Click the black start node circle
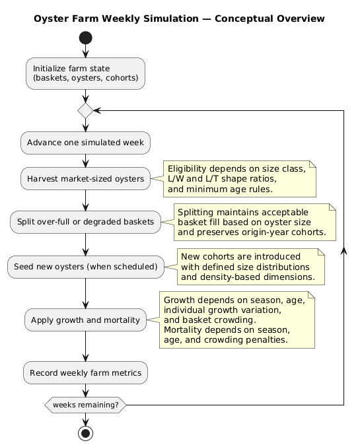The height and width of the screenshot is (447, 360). coord(86,38)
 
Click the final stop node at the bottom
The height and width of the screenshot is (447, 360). coord(86,432)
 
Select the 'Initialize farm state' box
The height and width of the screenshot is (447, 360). coord(86,73)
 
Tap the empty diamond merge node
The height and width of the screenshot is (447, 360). coord(86,111)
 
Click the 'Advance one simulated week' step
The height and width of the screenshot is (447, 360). coord(86,143)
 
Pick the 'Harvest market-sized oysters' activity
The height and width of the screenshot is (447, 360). coord(86,178)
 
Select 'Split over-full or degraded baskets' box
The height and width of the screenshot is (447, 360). coord(86,221)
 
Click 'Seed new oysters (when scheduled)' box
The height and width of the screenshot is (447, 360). coord(86,267)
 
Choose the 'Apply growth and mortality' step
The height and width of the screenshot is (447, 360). coord(86,320)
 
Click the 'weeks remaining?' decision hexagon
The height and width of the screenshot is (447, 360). coord(86,405)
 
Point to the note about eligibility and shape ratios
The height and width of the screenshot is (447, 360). coord(240,179)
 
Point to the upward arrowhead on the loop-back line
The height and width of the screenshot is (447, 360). coord(344,254)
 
